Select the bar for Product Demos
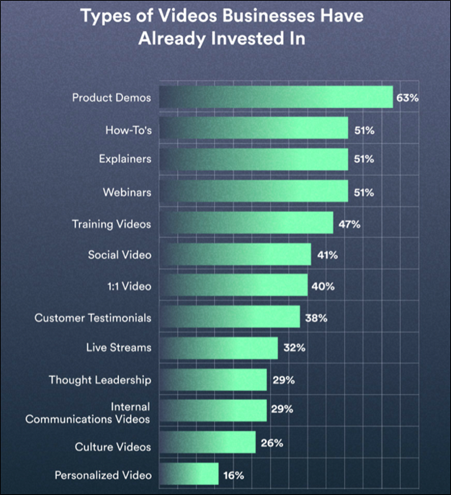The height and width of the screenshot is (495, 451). (276, 97)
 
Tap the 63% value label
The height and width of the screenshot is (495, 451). (407, 97)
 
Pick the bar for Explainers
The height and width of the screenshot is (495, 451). (254, 160)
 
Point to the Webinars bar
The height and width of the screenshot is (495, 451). (254, 192)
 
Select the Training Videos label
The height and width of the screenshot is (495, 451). (112, 224)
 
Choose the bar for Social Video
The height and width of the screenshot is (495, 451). (235, 254)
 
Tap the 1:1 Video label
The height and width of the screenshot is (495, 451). (128, 286)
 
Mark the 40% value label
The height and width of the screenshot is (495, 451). (322, 286)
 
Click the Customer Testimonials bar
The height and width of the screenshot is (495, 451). (229, 317)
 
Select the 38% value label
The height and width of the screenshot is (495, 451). (315, 317)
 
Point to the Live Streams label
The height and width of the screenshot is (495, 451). (119, 348)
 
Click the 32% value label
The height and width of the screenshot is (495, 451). (293, 348)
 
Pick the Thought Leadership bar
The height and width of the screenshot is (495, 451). (213, 379)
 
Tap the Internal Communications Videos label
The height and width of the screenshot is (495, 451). (98, 412)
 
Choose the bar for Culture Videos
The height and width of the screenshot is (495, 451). (207, 443)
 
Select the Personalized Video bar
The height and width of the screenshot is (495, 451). (189, 475)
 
